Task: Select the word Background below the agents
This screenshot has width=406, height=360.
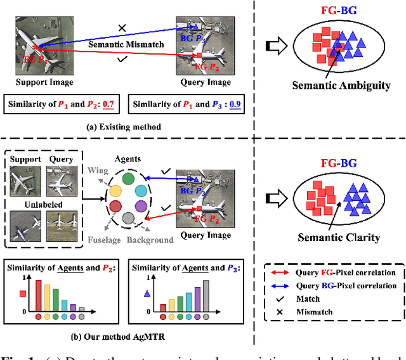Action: tap(150, 240)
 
